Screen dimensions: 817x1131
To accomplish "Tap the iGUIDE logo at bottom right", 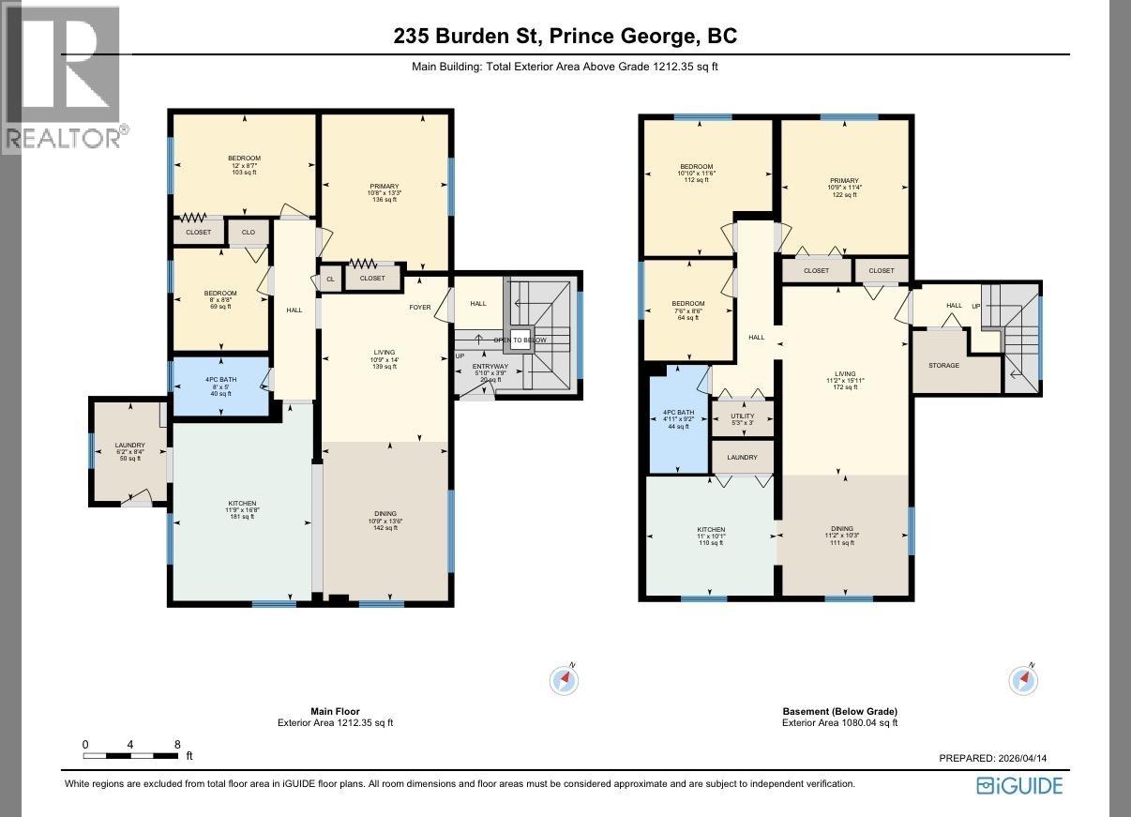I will (x=1019, y=785).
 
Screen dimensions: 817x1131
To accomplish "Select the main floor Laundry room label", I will (x=129, y=446).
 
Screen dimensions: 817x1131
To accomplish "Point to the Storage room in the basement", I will (x=943, y=365).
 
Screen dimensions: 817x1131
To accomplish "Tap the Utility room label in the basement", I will (x=743, y=416).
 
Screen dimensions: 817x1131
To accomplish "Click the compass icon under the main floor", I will (x=564, y=680).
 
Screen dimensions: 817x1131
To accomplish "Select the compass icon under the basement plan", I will (x=1023, y=679).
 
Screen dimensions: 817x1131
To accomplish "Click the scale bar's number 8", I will (x=177, y=745).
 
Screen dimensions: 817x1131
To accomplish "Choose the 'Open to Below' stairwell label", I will (x=520, y=340).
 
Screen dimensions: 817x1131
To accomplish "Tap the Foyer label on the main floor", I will (x=419, y=307).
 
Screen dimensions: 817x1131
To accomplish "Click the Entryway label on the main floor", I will (x=490, y=367).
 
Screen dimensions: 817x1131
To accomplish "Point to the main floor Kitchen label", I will (x=242, y=504).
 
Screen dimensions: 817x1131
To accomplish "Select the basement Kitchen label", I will (x=710, y=530).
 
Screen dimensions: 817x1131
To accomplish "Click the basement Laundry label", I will (x=742, y=458).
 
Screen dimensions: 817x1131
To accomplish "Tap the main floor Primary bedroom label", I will (x=384, y=187).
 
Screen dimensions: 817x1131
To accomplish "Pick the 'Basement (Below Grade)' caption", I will (x=839, y=711).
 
